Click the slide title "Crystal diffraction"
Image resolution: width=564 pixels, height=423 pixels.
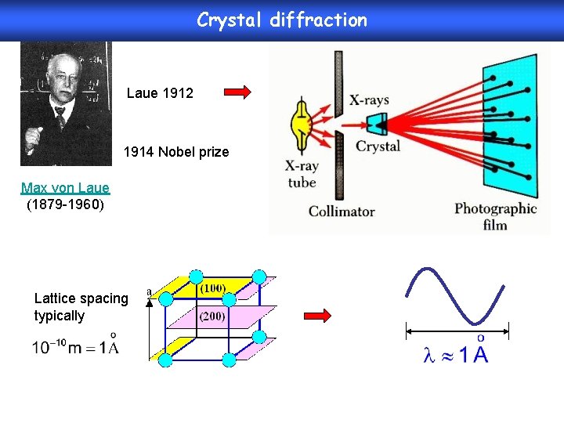pyautogui.click(x=281, y=20)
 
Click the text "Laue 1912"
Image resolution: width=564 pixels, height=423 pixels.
pyautogui.click(x=160, y=93)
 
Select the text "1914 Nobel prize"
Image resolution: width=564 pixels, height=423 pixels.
pyautogui.click(x=176, y=152)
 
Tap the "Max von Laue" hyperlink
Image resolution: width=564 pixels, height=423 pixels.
pyautogui.click(x=65, y=188)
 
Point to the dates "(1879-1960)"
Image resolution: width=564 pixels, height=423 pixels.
pyautogui.click(x=65, y=204)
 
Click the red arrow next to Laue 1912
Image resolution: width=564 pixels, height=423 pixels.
pyautogui.click(x=237, y=92)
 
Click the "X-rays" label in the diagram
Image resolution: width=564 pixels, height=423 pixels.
pyautogui.click(x=368, y=100)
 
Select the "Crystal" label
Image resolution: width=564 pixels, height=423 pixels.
pyautogui.click(x=378, y=146)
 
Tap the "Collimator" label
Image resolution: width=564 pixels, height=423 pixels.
pyautogui.click(x=342, y=211)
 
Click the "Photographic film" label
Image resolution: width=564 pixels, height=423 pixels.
pyautogui.click(x=495, y=217)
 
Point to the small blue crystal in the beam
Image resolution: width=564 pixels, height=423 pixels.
pyautogui.click(x=377, y=124)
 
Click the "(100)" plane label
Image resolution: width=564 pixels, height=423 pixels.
pyautogui.click(x=212, y=288)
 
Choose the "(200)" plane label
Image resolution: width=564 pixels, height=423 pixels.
pyautogui.click(x=212, y=316)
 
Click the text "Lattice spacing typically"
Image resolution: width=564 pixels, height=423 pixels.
pyautogui.click(x=81, y=307)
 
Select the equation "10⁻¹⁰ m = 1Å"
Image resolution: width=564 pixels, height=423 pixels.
pyautogui.click(x=75, y=346)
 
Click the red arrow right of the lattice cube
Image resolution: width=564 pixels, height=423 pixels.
pyautogui.click(x=317, y=315)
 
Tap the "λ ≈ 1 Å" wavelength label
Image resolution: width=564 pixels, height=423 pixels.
pyautogui.click(x=455, y=354)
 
